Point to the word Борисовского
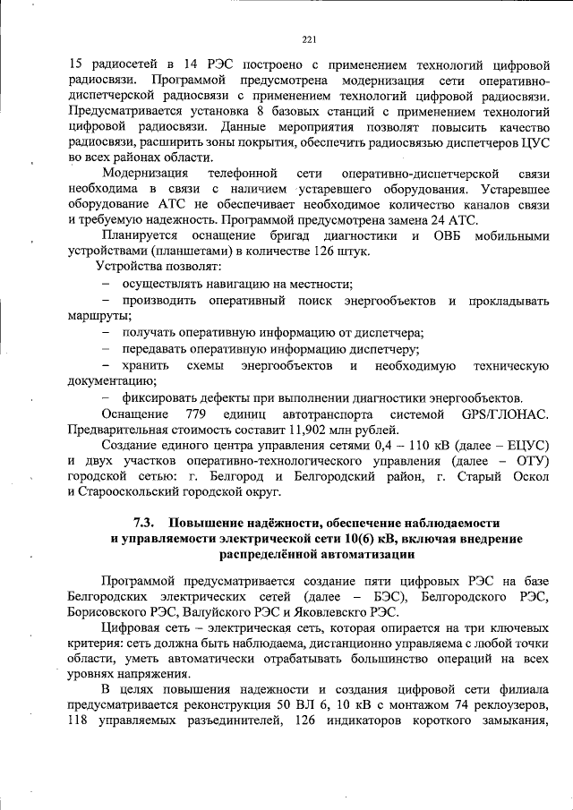pos(110,612)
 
